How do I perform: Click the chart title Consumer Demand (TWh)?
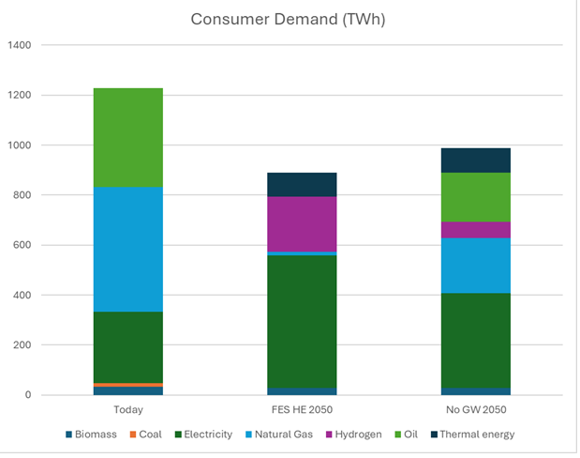[290, 19]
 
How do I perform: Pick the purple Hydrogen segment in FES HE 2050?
[302, 223]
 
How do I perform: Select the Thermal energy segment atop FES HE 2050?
[302, 185]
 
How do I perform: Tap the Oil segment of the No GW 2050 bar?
[476, 197]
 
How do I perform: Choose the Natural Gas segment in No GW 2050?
[476, 266]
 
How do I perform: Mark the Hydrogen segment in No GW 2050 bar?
[476, 230]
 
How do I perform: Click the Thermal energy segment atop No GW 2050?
[476, 160]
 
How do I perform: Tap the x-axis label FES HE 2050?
[302, 410]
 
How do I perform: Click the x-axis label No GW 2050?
[476, 410]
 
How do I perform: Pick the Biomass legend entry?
[95, 435]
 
